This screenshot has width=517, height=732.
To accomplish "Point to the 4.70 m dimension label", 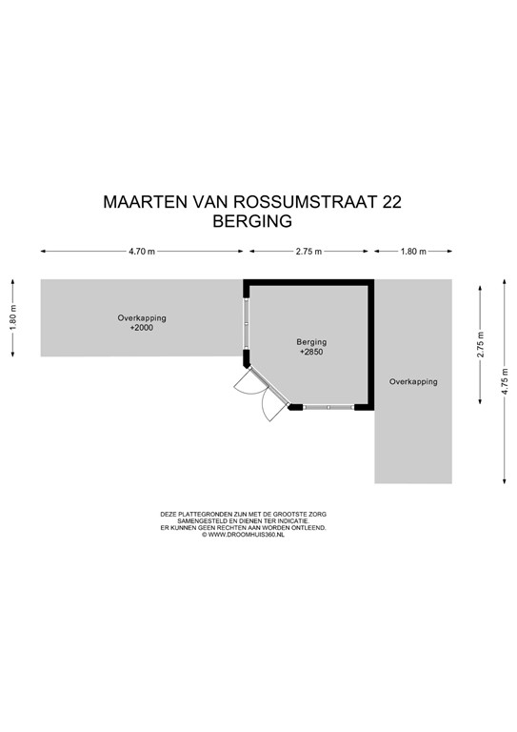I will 142,252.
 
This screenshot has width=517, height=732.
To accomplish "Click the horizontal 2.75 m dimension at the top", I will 308,252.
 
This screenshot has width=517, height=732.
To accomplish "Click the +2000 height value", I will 141,328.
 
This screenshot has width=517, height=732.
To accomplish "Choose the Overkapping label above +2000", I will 141,317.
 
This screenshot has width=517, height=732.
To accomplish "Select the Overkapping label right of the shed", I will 413,381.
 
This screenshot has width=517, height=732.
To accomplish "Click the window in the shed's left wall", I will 247,320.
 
